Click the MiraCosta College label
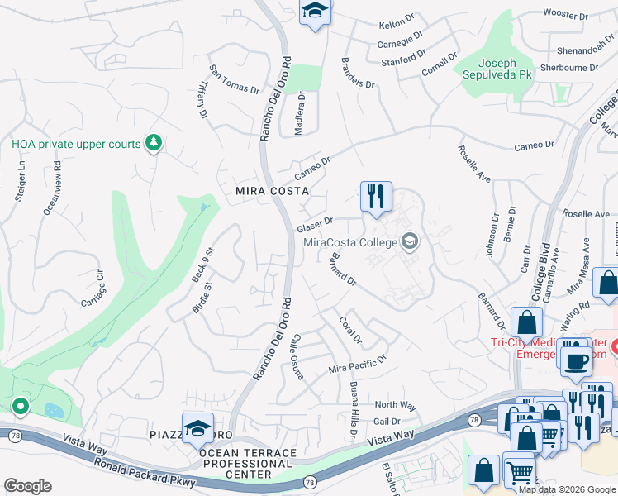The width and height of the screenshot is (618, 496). pos(350,242)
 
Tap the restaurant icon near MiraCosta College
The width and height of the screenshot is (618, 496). pos(376,197)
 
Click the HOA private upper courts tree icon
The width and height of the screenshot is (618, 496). pos(153,144)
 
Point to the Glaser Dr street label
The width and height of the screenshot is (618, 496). pos(315,225)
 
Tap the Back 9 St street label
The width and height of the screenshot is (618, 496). pos(203,265)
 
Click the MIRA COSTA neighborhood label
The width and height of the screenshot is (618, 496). pos(261,190)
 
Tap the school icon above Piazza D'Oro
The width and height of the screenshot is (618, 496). pos(198,428)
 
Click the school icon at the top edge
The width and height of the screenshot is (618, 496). pos(314,12)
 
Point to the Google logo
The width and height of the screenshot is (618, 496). pos(27,486)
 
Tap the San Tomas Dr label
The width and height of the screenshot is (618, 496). pos(235,79)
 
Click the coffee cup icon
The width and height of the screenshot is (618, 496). pos(575,360)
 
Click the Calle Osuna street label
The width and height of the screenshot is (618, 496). pos(297,361)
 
